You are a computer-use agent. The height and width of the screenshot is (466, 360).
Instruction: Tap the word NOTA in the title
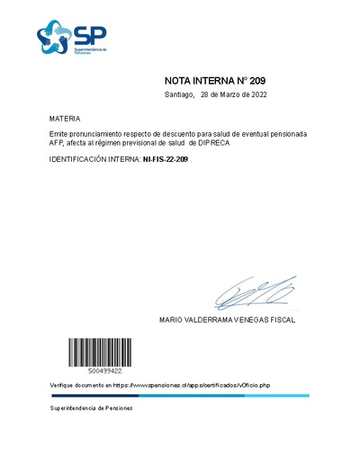point(183,80)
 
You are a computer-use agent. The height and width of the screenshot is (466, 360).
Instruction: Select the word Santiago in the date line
point(180,94)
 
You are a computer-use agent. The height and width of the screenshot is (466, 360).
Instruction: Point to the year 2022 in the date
point(256,94)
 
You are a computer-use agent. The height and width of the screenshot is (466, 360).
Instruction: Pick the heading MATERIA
point(65,119)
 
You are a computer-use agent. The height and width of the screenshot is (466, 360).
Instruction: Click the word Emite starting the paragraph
point(59,134)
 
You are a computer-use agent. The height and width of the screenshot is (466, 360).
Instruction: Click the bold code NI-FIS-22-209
point(166,159)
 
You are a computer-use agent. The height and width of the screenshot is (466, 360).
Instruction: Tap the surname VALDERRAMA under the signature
point(211,319)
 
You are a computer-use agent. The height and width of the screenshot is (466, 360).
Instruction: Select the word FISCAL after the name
point(281,319)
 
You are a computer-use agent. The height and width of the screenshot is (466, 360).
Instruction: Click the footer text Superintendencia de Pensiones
point(91,408)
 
